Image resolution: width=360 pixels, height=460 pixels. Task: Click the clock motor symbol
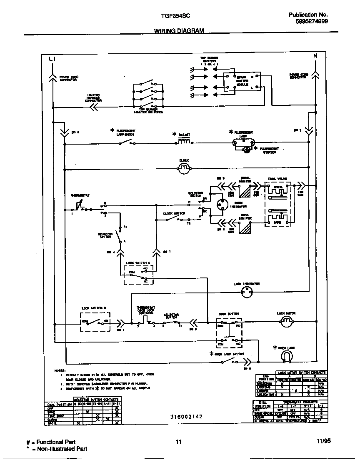pos(184,168)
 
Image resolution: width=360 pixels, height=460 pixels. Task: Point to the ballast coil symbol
pos(185,142)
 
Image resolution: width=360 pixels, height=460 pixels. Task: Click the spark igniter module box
pos(242,82)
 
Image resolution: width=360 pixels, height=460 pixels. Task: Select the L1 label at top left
pos(52,59)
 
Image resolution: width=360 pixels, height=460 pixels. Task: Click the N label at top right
pos(315,55)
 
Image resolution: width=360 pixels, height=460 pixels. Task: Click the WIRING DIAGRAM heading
pos(179,31)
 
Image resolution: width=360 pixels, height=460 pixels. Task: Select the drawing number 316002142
pos(186,416)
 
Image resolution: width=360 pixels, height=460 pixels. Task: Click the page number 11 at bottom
pos(178,442)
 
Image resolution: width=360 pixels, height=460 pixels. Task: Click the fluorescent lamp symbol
pos(243,142)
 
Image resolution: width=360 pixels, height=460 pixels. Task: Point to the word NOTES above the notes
pos(59,370)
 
